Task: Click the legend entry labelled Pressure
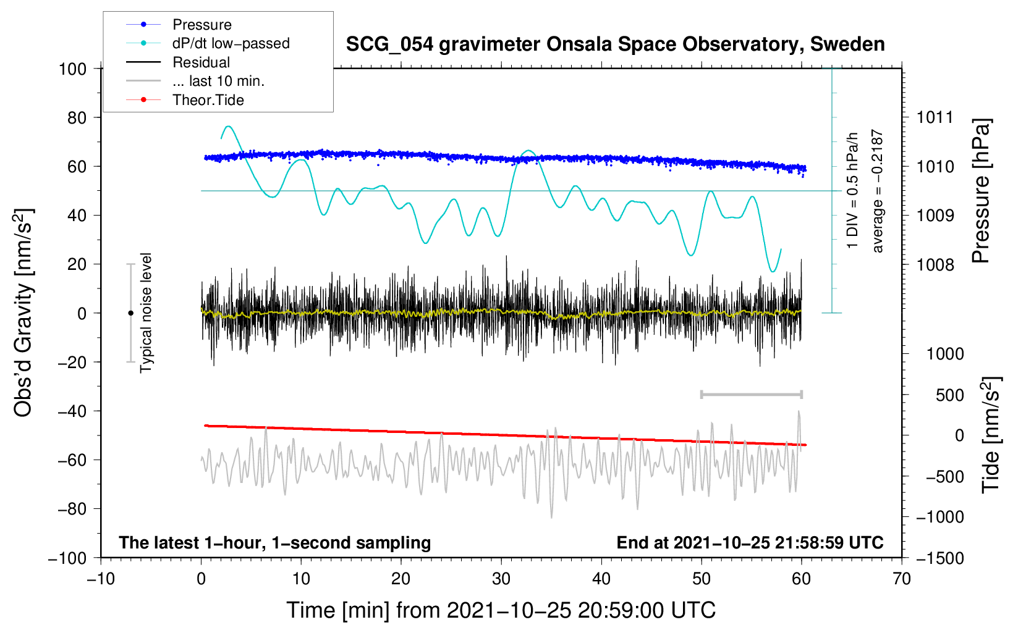click(x=201, y=25)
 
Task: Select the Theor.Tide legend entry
click(x=208, y=100)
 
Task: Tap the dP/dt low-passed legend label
click(x=231, y=43)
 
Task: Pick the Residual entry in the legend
click(x=201, y=62)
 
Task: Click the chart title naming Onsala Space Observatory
click(x=615, y=44)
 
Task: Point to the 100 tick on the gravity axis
click(x=72, y=69)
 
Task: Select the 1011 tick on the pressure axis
click(x=935, y=117)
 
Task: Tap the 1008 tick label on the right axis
click(x=935, y=265)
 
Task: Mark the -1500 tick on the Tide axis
click(x=939, y=558)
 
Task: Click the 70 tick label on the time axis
click(x=902, y=579)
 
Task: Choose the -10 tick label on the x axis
click(x=101, y=579)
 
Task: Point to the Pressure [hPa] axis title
click(x=981, y=191)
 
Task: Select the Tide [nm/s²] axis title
click(x=991, y=434)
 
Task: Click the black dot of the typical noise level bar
click(x=130, y=313)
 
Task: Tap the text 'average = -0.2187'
click(x=878, y=191)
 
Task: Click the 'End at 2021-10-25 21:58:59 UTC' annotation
click(x=750, y=543)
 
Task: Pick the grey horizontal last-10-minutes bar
click(x=751, y=394)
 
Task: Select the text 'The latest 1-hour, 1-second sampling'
click(x=274, y=543)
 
